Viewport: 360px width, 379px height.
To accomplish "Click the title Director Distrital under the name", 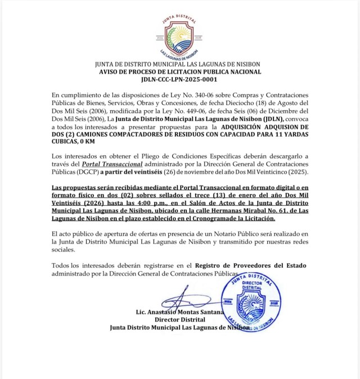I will click(x=180, y=319).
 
